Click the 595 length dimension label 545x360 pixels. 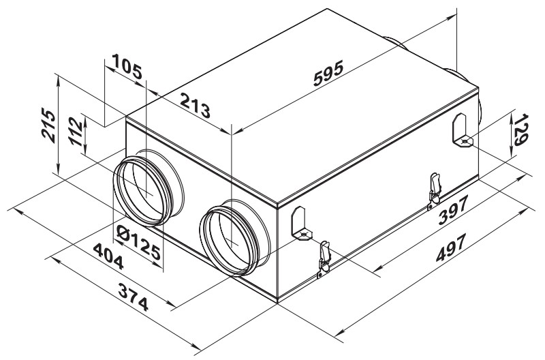(x=328, y=73)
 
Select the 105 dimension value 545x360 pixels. (x=127, y=66)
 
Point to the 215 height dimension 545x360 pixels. (x=48, y=125)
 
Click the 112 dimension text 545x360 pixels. (x=76, y=132)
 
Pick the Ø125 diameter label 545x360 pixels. (x=139, y=242)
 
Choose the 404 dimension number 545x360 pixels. (x=108, y=256)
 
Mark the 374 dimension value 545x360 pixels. (x=133, y=297)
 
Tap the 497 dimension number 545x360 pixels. (x=450, y=247)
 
